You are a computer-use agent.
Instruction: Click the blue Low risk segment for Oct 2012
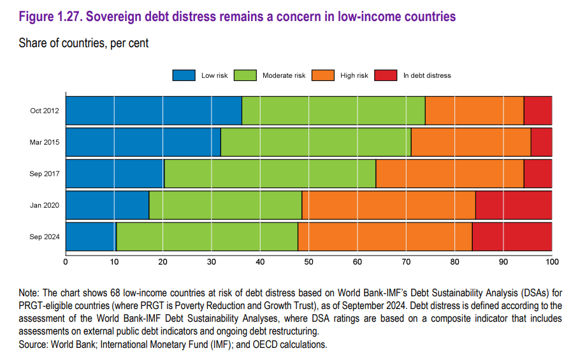(154, 111)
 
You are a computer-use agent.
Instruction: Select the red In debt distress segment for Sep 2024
(512, 237)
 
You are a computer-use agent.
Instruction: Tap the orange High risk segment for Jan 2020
(389, 205)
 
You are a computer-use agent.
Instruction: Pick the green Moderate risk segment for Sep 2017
(270, 174)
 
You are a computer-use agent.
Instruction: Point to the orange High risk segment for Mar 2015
(471, 142)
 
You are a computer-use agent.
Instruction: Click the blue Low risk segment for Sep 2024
(90, 237)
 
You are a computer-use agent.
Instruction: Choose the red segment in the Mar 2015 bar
(541, 142)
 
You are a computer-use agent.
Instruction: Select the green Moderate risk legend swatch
(245, 75)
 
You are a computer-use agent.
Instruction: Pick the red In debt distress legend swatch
(386, 75)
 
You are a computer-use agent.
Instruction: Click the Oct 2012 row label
(45, 111)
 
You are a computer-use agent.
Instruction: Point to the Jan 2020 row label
(45, 205)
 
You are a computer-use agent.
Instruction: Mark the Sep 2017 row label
(45, 174)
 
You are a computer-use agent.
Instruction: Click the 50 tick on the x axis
(308, 261)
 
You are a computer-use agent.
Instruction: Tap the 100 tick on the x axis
(552, 261)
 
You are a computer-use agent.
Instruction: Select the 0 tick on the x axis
(66, 261)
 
